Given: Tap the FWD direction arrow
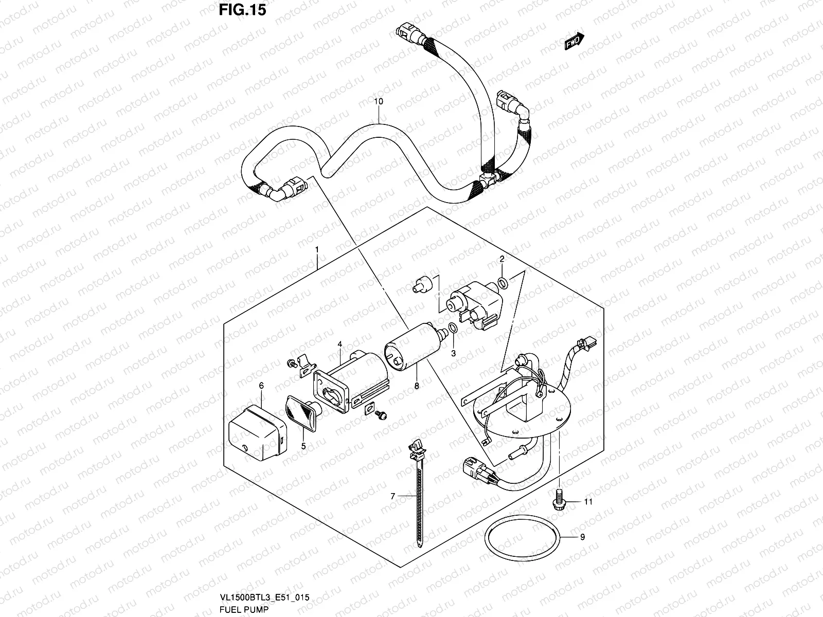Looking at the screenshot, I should [574, 42].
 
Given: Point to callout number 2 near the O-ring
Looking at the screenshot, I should [502, 259].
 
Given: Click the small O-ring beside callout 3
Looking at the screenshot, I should [453, 328].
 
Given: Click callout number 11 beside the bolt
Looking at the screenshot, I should [588, 501].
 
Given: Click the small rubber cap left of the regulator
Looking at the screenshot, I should [421, 285].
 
